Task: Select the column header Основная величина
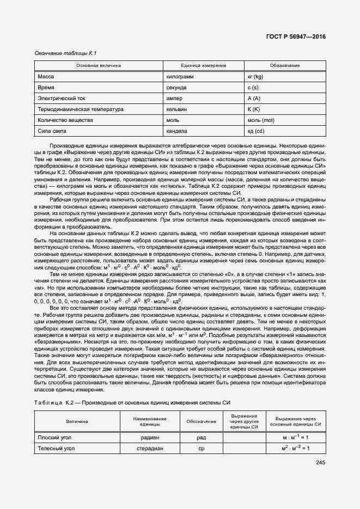[99, 65]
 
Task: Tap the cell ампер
[175, 98]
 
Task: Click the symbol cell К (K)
[253, 109]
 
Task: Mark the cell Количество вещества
[65, 120]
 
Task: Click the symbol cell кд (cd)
[255, 131]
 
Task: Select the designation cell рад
[201, 437]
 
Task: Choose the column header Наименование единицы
[146, 421]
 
